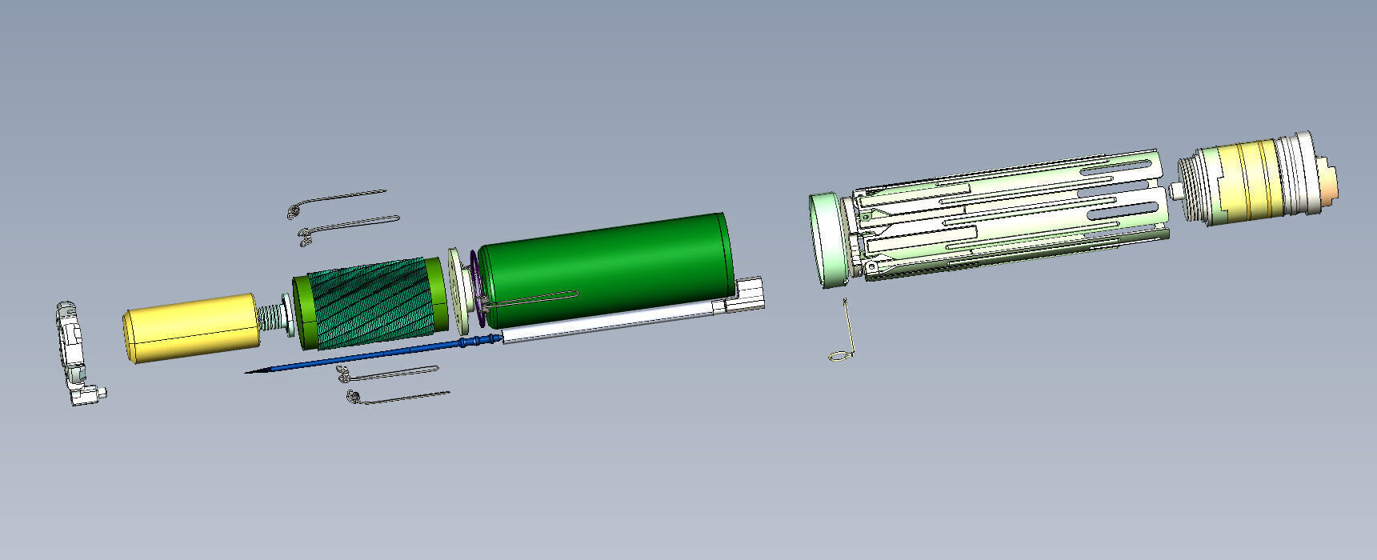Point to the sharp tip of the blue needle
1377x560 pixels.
[x=248, y=372]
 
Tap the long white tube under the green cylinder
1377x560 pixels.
[x=608, y=324]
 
